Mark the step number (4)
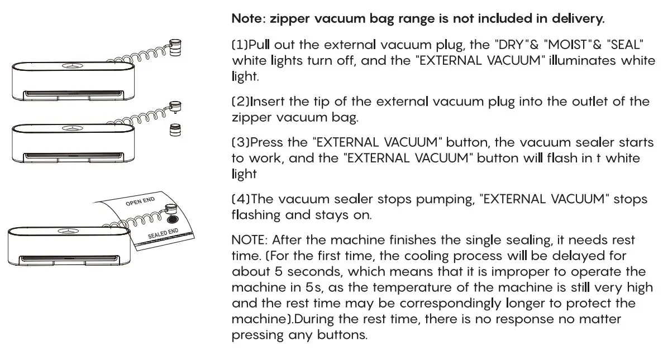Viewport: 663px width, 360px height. pos(240,199)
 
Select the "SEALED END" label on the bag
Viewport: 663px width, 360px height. pos(163,233)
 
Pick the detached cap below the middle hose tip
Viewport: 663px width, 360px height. pos(176,130)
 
